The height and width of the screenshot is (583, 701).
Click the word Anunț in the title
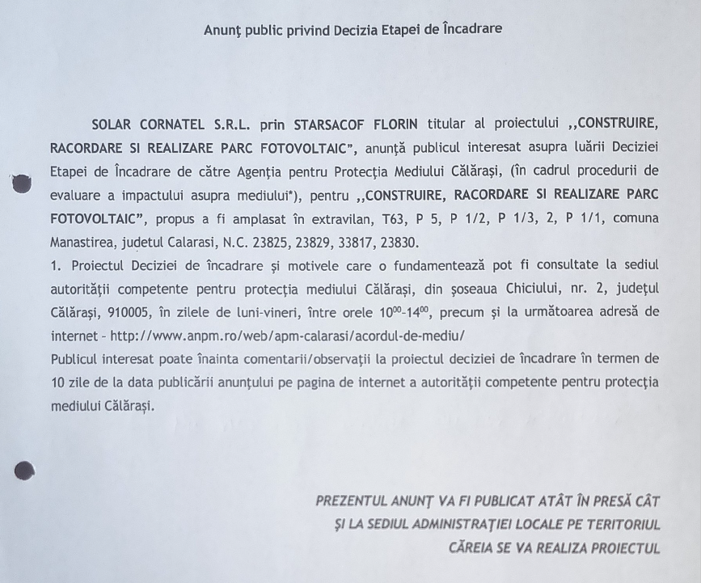click(222, 29)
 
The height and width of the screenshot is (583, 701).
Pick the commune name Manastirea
click(84, 243)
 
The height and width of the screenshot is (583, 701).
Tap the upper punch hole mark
click(23, 184)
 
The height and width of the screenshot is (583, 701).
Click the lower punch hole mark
click(24, 470)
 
